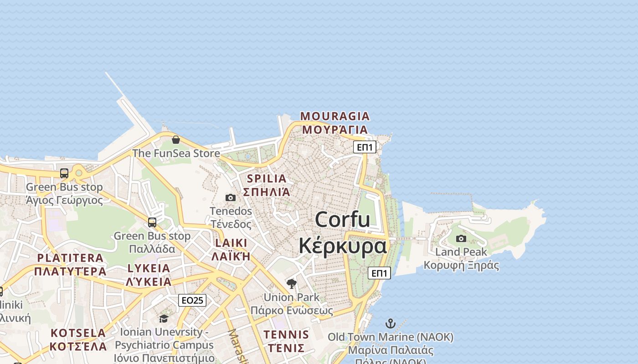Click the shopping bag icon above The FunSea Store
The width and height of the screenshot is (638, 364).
tap(176, 140)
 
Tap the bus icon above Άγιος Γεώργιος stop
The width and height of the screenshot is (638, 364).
tap(64, 173)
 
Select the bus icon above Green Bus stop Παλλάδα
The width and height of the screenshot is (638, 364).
tap(152, 222)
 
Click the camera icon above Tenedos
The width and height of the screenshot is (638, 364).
tap(231, 197)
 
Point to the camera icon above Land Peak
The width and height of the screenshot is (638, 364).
tap(461, 238)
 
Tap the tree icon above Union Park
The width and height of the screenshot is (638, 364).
tap(292, 284)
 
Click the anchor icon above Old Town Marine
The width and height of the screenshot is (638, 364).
tap(391, 324)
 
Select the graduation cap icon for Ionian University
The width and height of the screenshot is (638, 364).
tap(164, 318)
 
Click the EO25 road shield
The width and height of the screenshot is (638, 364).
tap(192, 300)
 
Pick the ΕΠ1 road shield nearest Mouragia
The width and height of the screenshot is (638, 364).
tap(365, 147)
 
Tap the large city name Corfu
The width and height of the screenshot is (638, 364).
tap(342, 220)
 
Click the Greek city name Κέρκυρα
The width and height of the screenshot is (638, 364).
tap(343, 246)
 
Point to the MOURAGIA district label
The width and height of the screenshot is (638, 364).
tap(335, 116)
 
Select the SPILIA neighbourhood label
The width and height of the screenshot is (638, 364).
tap(267, 178)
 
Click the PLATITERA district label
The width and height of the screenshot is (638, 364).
tap(70, 258)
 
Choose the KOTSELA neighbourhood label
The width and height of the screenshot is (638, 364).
tap(78, 333)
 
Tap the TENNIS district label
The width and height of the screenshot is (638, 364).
tap(286, 335)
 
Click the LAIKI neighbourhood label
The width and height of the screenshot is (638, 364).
tap(231, 243)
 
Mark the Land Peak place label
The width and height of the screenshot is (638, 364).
tap(461, 252)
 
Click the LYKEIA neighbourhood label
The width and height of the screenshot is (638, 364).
tap(149, 268)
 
